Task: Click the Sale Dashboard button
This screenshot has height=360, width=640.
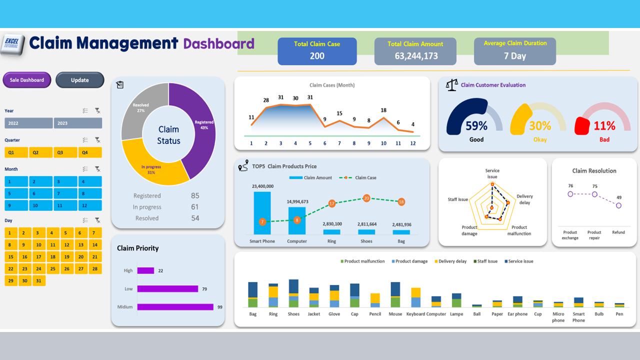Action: (x=27, y=80)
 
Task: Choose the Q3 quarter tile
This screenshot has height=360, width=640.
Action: (x=60, y=152)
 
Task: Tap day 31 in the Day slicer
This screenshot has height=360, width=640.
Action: (x=38, y=280)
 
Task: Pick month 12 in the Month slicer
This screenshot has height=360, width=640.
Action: (x=90, y=205)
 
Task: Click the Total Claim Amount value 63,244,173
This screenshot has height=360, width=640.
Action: (x=416, y=56)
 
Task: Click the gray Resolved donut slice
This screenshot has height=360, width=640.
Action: (x=140, y=107)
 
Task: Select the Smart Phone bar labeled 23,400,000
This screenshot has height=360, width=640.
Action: (x=262, y=212)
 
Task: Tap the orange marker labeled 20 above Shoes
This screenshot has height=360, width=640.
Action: (x=366, y=198)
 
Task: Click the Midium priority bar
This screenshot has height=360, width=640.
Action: (x=175, y=307)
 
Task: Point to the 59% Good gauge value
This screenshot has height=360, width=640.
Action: (x=476, y=125)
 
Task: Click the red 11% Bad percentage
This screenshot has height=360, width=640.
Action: (x=604, y=126)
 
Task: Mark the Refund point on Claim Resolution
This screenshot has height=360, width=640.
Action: (x=618, y=205)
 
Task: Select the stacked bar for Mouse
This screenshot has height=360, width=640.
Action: (x=395, y=295)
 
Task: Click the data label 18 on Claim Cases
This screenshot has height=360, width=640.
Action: (x=383, y=110)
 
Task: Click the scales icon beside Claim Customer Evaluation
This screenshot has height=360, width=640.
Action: (x=451, y=85)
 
